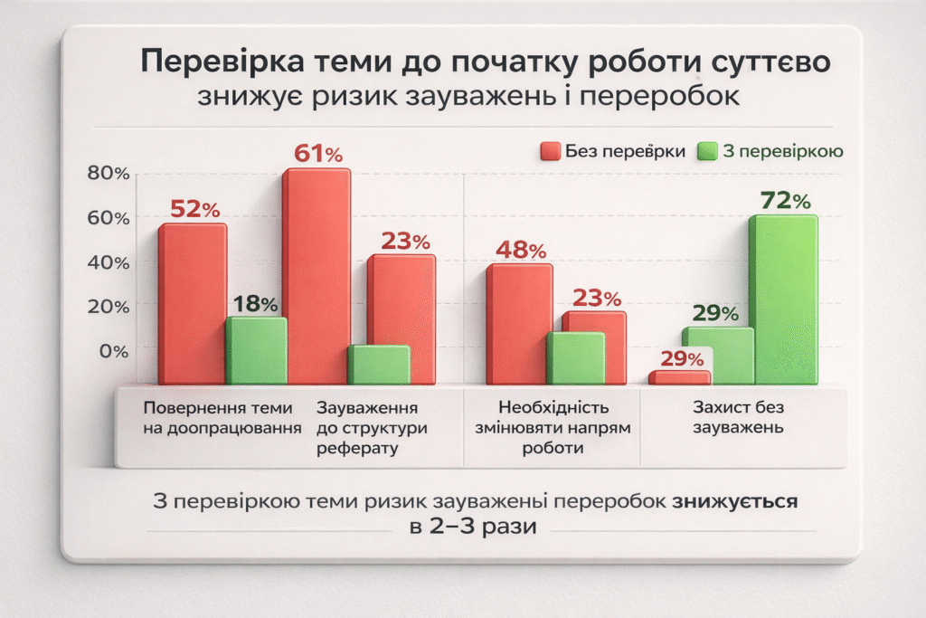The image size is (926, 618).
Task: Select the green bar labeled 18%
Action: pyautogui.click(x=256, y=350)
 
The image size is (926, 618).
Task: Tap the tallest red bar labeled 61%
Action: pyautogui.click(x=316, y=276)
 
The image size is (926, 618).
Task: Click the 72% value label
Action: pyautogui.click(x=784, y=200)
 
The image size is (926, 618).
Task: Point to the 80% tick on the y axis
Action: pyautogui.click(x=109, y=174)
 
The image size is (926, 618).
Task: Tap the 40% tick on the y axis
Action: pyautogui.click(x=109, y=262)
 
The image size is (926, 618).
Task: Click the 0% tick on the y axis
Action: pyautogui.click(x=115, y=351)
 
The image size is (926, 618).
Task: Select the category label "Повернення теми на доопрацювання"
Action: pyautogui.click(x=221, y=418)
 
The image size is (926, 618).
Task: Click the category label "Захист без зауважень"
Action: pyautogui.click(x=738, y=418)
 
